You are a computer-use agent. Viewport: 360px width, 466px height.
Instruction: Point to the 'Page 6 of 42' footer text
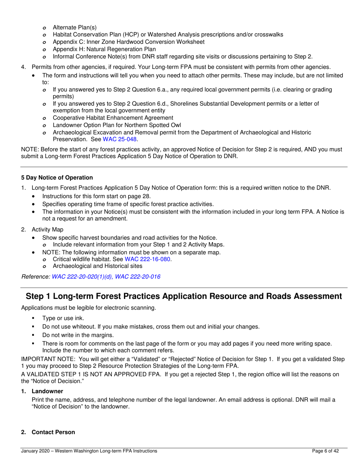325,451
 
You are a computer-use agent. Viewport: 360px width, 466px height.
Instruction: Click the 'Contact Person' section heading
53,432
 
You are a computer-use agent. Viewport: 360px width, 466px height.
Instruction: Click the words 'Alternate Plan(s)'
75,27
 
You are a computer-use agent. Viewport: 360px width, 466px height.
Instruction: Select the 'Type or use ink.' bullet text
63,319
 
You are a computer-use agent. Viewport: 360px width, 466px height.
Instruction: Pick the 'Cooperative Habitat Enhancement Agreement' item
113,118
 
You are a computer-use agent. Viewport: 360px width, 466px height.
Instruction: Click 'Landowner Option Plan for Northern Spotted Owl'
117,125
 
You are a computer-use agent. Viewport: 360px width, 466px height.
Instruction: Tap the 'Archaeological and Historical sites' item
98,266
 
